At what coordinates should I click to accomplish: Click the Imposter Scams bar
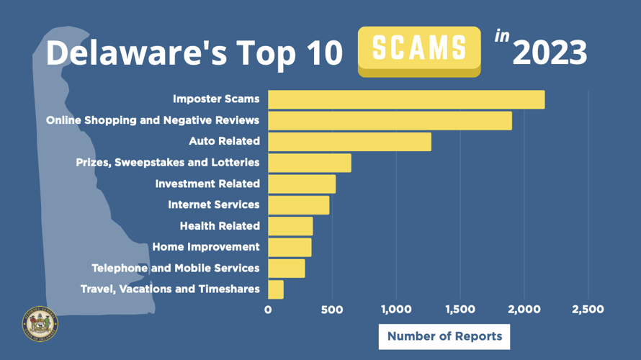406,99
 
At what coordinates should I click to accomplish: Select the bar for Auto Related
349,142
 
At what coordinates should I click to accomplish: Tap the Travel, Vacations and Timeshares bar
276,289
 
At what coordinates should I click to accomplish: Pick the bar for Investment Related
302,184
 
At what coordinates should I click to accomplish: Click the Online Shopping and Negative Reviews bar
390,121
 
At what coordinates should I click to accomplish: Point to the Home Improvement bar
290,247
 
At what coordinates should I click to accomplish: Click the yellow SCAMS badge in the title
419,49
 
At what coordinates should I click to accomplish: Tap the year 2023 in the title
550,53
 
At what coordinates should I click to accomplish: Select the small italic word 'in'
501,36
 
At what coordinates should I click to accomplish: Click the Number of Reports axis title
444,336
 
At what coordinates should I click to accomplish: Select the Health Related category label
220,226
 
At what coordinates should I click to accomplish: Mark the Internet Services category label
213,204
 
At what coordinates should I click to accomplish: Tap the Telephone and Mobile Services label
176,268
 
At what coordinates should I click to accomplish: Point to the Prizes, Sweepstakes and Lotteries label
168,163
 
